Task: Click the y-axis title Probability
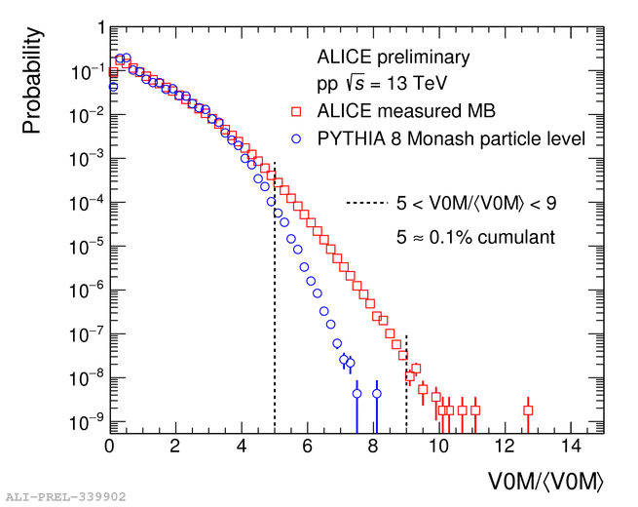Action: pos(32,81)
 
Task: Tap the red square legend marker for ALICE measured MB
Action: pos(298,110)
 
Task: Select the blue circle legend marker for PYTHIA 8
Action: pos(298,138)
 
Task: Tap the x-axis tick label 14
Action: pos(573,447)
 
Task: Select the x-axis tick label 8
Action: pos(374,447)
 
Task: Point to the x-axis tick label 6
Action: pos(308,447)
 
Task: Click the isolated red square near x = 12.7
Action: pos(528,410)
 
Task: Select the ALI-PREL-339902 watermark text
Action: pos(66,497)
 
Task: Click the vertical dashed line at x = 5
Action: pos(275,312)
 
